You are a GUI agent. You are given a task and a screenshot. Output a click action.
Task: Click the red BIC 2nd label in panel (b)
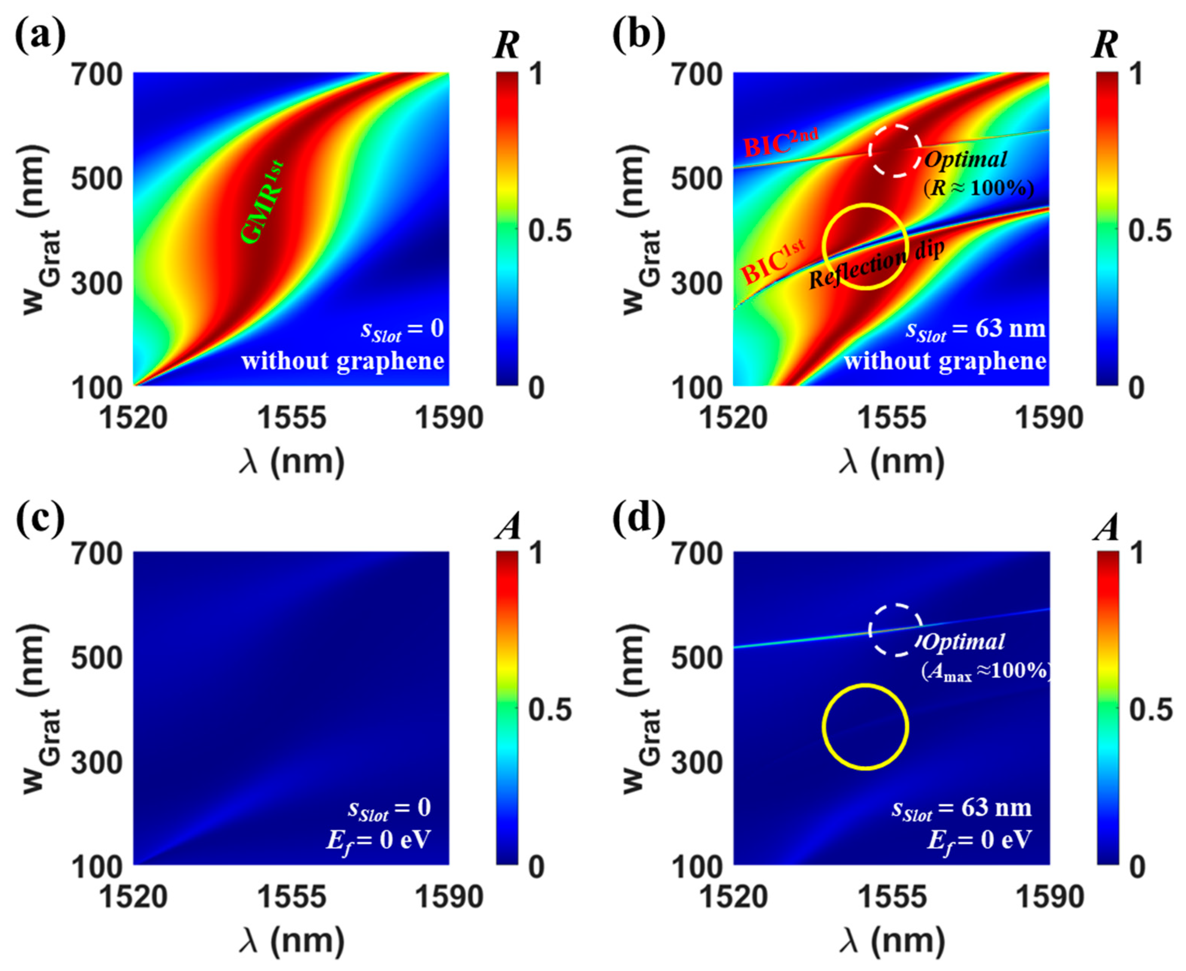coord(781,143)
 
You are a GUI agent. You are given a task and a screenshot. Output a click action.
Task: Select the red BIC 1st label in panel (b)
coord(774,261)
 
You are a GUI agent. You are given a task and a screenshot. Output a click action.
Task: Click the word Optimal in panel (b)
coord(965,160)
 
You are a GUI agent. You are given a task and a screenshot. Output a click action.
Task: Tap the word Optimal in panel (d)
coord(964,642)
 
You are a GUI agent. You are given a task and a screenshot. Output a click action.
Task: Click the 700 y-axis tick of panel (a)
coord(96,74)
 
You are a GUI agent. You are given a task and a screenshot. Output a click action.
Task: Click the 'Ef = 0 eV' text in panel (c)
coord(379,839)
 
